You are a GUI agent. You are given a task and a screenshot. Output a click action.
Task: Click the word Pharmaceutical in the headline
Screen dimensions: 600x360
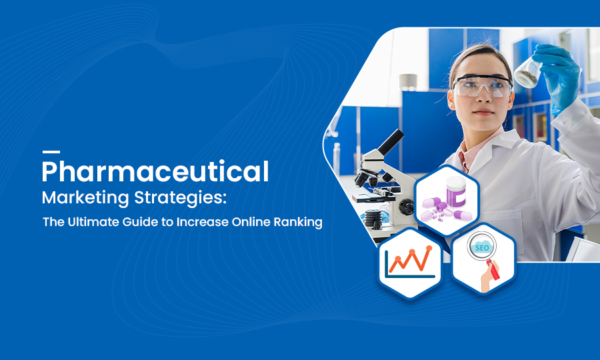point(155,172)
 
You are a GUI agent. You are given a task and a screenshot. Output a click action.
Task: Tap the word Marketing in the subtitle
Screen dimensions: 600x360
point(85,198)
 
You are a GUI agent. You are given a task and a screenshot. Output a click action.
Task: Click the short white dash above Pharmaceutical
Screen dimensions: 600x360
point(51,152)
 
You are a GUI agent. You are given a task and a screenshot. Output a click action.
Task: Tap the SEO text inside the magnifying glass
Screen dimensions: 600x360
point(482,248)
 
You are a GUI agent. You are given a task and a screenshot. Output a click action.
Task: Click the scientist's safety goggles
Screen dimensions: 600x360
point(482,86)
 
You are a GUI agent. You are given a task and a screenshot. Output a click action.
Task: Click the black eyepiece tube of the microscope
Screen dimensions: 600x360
point(391,142)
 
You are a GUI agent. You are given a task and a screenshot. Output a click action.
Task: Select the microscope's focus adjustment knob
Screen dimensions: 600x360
point(406,207)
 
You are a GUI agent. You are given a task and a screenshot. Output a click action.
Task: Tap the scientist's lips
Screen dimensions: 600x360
point(484,113)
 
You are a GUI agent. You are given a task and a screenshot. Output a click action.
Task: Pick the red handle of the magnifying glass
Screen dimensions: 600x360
point(493,269)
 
